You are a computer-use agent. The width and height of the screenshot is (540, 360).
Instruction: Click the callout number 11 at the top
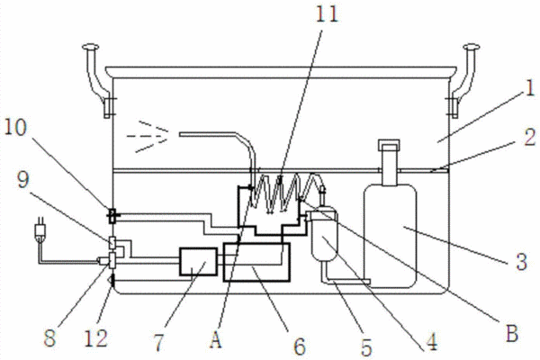(327, 15)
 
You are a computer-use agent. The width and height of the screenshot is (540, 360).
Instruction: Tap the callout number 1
(531, 87)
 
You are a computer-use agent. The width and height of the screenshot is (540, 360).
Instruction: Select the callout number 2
(530, 138)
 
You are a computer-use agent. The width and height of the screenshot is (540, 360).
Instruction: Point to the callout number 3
(522, 262)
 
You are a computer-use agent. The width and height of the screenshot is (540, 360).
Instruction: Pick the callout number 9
(23, 179)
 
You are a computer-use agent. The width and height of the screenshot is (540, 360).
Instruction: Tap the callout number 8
(49, 338)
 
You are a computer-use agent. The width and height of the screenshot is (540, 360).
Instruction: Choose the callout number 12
(96, 338)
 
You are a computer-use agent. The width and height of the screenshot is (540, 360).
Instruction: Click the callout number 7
(158, 342)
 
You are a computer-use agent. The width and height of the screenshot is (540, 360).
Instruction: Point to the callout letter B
(512, 333)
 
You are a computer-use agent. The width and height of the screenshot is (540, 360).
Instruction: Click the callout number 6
(300, 346)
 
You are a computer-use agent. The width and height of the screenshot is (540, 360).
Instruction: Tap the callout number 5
(366, 346)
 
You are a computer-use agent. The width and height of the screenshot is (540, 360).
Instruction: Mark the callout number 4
(431, 342)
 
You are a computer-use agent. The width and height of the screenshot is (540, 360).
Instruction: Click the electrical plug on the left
(40, 229)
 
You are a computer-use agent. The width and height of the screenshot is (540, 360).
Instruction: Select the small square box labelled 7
(198, 262)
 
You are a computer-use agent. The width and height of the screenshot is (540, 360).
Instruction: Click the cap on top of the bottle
(389, 145)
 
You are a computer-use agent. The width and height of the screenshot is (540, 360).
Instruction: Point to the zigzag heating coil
(287, 193)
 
